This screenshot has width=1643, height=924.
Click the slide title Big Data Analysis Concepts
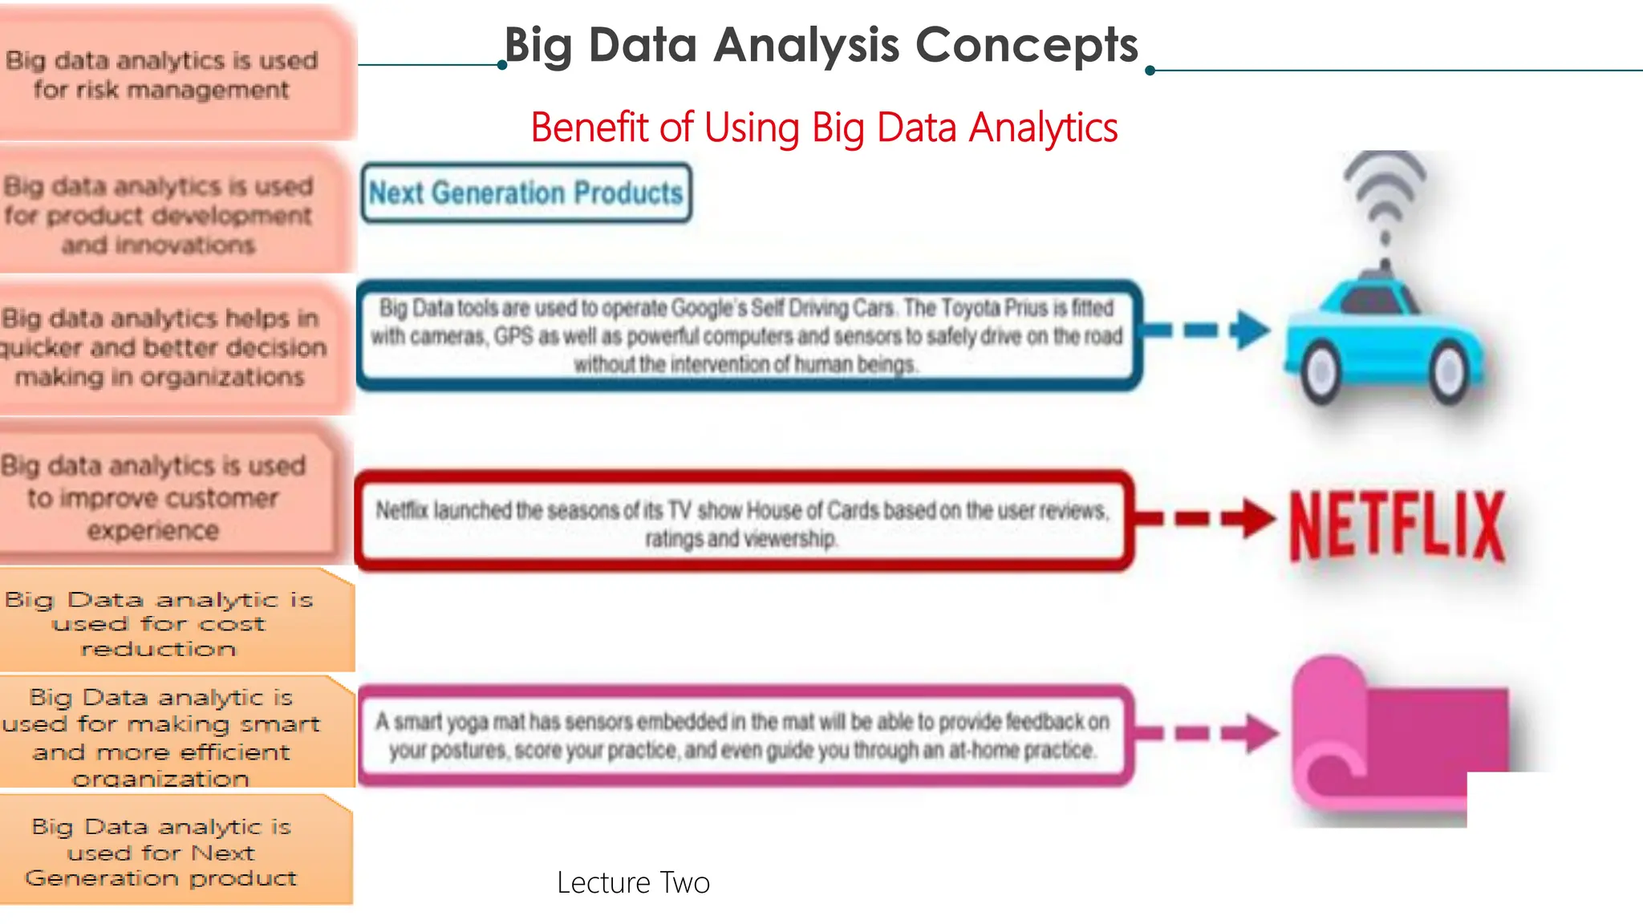point(821,45)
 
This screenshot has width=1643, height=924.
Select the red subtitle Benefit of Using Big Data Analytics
point(824,128)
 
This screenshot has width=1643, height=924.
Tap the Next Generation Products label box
point(526,193)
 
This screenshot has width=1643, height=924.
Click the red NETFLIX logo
point(1397,525)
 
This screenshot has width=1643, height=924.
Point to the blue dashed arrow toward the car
point(1204,330)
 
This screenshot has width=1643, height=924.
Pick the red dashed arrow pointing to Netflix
point(1204,518)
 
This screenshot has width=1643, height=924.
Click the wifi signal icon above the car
point(1385,197)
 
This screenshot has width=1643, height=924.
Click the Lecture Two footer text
point(633,883)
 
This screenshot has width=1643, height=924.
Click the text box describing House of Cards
point(743,523)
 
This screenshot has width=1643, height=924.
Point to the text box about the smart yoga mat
point(743,736)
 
